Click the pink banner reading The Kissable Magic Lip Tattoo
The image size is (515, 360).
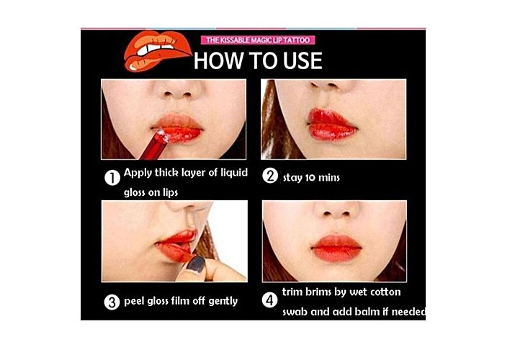[258, 40]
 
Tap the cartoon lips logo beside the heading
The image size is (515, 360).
[157, 50]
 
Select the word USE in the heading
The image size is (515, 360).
[303, 60]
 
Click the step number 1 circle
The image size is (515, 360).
[112, 178]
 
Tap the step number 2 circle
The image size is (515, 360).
[270, 176]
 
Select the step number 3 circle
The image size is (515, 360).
[112, 302]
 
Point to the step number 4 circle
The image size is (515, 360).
[269, 300]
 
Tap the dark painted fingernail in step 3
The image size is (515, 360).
[196, 264]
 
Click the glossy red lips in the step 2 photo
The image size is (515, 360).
[331, 125]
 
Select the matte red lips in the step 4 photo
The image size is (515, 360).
[336, 248]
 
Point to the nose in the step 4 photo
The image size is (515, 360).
[336, 210]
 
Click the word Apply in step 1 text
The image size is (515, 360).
[138, 173]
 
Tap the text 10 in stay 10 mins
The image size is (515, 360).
[310, 178]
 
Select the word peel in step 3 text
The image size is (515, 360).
[134, 301]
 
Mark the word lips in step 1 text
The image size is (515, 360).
[170, 193]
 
